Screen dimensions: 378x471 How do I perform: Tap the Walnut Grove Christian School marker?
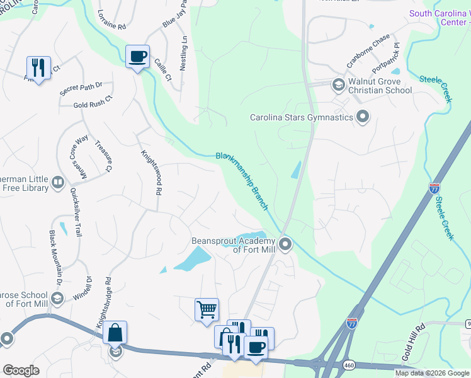[x=338, y=84]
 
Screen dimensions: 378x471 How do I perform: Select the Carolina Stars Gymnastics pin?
[x=362, y=117]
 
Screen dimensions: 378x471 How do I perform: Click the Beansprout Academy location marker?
[x=285, y=244]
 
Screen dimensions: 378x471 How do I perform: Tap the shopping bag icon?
[x=115, y=333]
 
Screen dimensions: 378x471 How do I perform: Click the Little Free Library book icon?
[x=57, y=182]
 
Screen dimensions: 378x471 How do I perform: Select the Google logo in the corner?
[x=21, y=370]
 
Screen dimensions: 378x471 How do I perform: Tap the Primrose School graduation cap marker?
[x=57, y=298]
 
